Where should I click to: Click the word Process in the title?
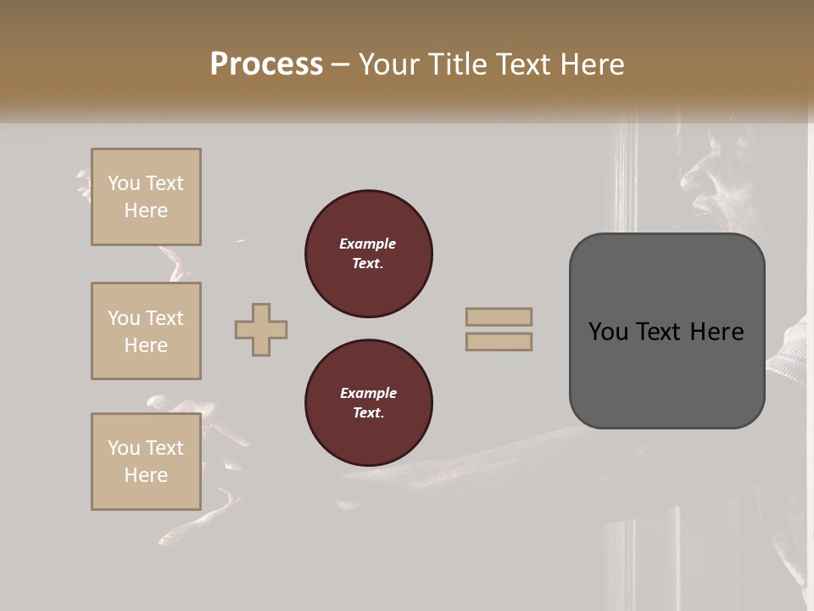[x=266, y=64]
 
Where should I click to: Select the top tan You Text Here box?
[x=146, y=197]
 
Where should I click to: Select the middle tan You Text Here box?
[x=146, y=331]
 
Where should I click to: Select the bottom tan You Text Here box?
[x=146, y=462]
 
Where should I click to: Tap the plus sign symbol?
[x=261, y=329]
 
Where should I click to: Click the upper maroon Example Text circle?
[x=368, y=254]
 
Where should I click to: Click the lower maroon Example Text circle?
[x=368, y=403]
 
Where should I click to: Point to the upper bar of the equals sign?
[x=499, y=317]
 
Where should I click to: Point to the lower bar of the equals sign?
[x=499, y=341]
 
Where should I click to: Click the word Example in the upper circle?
[x=368, y=244]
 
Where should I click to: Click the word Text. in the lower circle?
[x=368, y=413]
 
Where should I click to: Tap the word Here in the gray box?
[x=716, y=332]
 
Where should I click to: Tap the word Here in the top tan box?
[x=146, y=210]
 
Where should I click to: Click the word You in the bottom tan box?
[x=124, y=448]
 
